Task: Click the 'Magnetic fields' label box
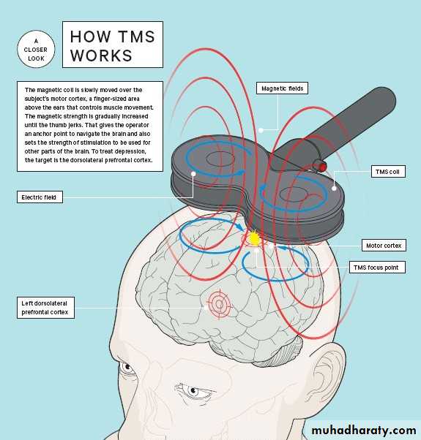pos(282,88)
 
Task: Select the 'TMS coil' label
pos(388,172)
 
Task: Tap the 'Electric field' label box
pos(40,197)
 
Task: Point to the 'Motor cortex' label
pos(384,246)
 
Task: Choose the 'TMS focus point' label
pos(377,268)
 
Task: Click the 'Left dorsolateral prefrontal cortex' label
pos(45,308)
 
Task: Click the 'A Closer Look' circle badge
pos(36,50)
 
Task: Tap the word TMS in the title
pos(136,37)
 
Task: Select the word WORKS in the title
pos(101,56)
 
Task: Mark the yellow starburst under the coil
pos(254,238)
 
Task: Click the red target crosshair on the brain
pos(220,304)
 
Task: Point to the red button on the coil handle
pos(322,167)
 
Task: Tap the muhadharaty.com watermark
pos(364,430)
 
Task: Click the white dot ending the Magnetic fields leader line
pos(261,130)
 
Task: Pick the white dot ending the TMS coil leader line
pos(334,189)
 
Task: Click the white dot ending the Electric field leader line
pos(193,174)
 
